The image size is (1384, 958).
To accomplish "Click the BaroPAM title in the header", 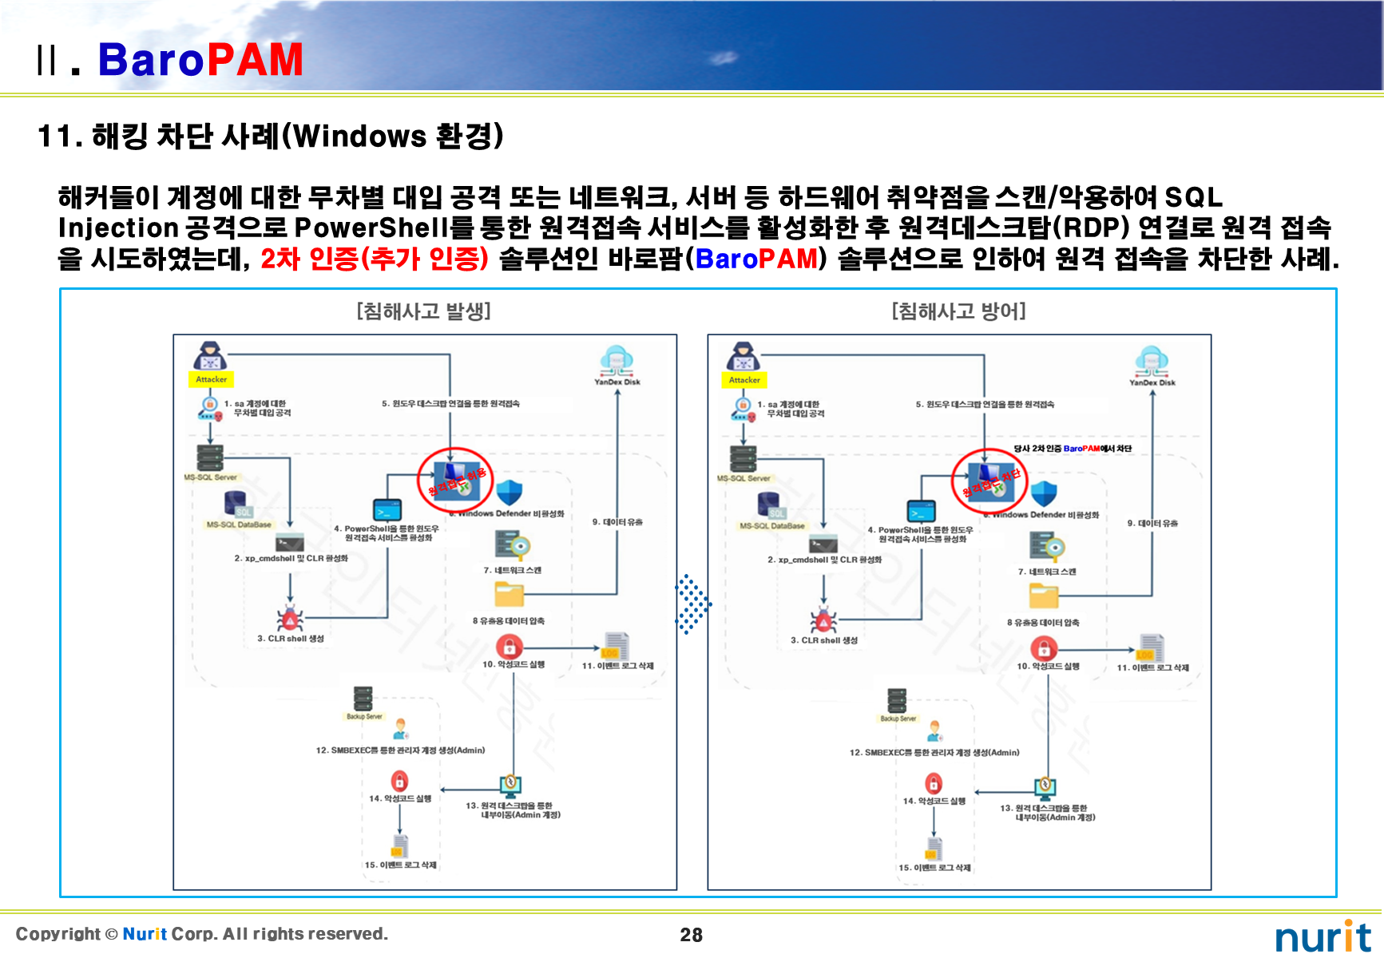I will coord(200,60).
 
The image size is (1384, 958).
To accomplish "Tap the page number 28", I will coord(691,935).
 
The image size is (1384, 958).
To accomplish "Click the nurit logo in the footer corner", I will coord(1323,936).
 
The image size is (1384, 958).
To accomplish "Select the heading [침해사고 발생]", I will coord(423,311).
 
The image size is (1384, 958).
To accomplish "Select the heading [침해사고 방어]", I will coord(958,311).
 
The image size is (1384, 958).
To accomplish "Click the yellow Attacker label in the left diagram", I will coord(211,379).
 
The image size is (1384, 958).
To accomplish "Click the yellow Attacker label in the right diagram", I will coord(744,380).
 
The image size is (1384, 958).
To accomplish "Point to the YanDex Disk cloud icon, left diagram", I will coord(617,360).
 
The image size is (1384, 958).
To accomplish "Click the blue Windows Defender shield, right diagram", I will coord(1044,493).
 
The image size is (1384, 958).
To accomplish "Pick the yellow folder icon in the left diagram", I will coord(509,595).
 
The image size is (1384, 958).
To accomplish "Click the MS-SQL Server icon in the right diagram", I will coord(744,459).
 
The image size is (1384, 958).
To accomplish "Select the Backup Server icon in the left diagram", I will coord(363,699).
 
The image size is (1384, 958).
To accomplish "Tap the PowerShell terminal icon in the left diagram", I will coord(387,509).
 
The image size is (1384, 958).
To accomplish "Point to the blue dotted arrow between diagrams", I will coord(692,604).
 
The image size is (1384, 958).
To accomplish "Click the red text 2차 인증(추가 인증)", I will coord(374,258).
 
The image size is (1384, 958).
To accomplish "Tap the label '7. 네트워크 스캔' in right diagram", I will coord(1046,572).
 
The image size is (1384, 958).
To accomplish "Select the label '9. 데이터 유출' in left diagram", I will coord(617,522).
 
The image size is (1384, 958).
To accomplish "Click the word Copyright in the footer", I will coord(58,934).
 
